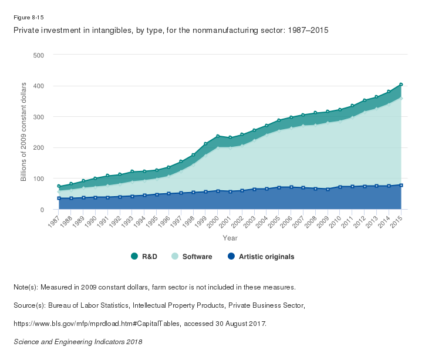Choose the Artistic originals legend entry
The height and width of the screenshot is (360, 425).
(261, 257)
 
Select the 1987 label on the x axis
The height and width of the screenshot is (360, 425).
(54, 221)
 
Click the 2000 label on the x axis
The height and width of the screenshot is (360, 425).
(213, 221)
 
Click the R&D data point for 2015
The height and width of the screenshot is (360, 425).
(401, 85)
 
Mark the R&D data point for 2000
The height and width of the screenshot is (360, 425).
(218, 136)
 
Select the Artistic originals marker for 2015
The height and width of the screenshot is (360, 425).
(401, 185)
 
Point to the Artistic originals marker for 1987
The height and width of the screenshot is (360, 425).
(59, 198)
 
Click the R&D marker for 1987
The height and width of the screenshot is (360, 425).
(59, 186)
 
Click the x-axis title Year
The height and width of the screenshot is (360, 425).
(230, 238)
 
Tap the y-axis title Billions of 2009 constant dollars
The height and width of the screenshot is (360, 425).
(24, 132)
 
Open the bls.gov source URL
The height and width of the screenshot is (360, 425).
(140, 323)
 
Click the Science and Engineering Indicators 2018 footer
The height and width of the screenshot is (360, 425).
(77, 341)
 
